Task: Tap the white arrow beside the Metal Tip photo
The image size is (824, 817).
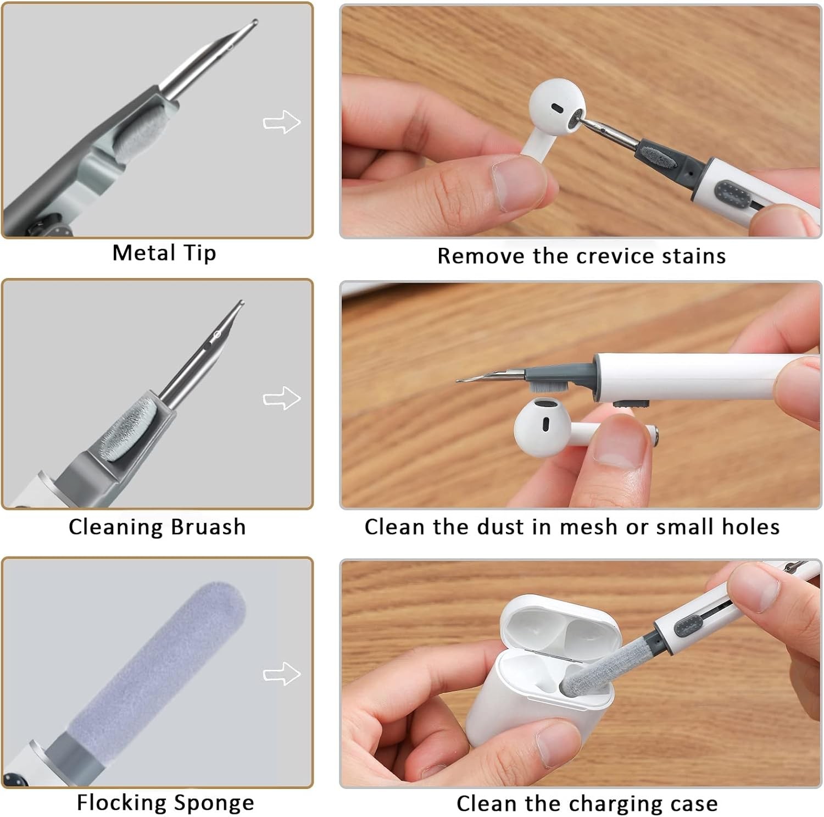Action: [x=282, y=121]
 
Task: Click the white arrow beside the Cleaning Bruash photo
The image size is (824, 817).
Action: [x=282, y=398]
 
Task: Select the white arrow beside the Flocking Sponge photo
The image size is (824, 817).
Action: [x=282, y=674]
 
